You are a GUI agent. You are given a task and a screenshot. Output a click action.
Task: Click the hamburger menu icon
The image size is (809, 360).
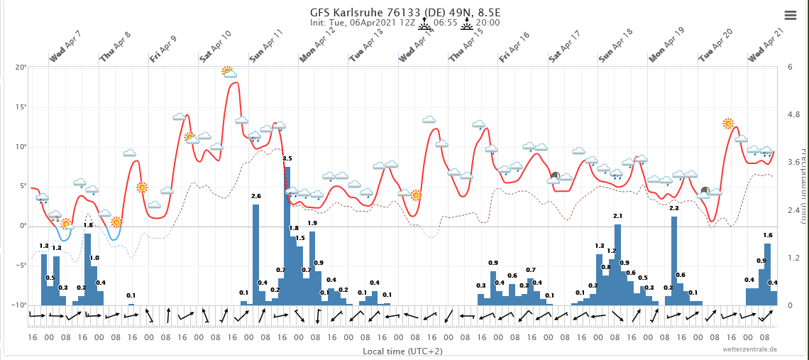point(790,15)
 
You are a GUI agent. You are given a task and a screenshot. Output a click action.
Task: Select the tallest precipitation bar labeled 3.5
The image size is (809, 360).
point(287,234)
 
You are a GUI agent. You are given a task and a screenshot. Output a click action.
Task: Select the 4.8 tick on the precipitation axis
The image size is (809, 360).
point(793,115)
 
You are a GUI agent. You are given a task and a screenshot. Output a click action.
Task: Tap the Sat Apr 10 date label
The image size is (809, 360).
point(216,46)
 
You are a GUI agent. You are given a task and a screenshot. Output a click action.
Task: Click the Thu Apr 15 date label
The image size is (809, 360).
point(466,46)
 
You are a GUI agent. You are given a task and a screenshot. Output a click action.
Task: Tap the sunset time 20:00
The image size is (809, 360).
point(488,23)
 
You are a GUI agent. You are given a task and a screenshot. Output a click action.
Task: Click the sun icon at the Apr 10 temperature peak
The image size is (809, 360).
point(227,70)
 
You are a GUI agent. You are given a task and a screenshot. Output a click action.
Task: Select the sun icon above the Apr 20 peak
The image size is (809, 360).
point(728,124)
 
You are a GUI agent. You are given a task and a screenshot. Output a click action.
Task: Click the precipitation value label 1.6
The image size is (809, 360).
point(768,235)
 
